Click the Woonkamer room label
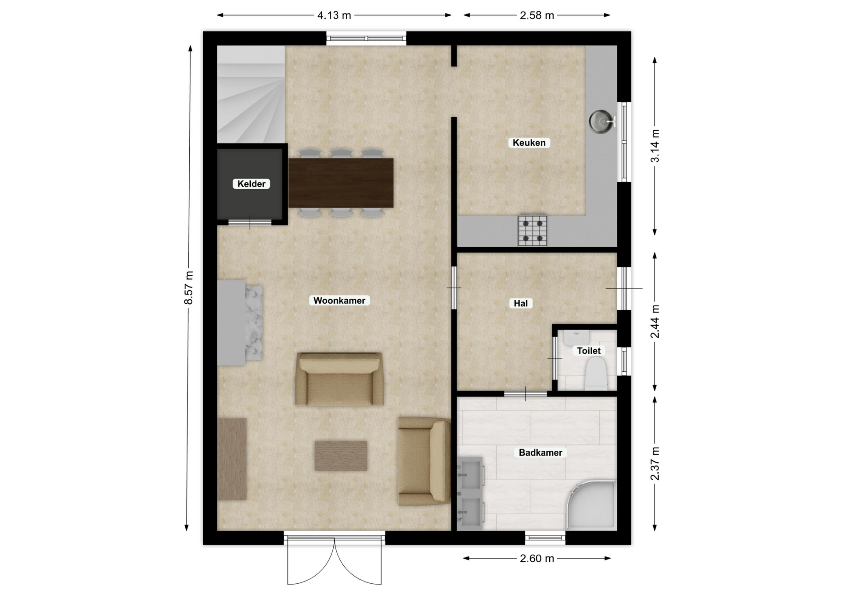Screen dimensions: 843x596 339,301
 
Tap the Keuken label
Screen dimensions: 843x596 529,143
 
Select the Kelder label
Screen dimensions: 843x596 251,184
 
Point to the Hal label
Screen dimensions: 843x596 521,303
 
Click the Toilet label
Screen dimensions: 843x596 589,351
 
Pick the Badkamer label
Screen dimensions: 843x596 540,452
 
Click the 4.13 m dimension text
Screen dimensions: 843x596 335,15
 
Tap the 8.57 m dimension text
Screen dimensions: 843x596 188,288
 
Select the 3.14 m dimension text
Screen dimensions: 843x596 655,146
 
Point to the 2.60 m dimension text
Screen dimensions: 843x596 537,558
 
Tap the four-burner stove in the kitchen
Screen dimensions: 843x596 533,230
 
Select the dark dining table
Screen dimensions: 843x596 341,183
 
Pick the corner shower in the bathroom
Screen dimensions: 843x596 591,505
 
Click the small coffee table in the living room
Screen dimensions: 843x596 341,456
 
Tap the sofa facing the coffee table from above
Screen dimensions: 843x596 339,379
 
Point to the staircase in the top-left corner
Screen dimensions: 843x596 251,94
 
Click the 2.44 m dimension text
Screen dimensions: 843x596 655,322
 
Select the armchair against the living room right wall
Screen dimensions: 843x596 424,461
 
